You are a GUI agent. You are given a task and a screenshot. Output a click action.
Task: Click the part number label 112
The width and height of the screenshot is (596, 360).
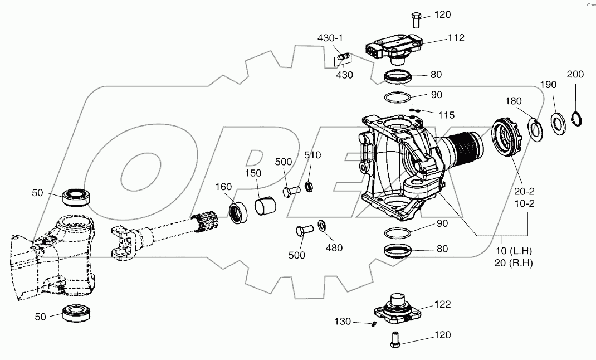(x=455, y=38)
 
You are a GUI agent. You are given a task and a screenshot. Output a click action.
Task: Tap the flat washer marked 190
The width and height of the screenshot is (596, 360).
(x=558, y=122)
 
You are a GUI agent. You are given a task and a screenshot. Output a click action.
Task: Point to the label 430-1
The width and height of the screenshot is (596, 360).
(x=330, y=38)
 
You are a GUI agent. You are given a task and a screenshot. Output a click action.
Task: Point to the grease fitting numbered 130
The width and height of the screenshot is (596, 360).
(x=376, y=324)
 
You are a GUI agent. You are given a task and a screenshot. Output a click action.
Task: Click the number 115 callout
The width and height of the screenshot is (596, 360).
(x=446, y=115)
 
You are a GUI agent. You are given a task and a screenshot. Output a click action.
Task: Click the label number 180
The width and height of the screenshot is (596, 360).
(x=514, y=101)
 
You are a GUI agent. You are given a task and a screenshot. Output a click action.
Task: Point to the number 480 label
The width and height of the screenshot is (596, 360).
(x=334, y=248)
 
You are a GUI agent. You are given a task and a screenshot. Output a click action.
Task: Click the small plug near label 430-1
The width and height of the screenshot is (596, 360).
(x=344, y=56)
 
